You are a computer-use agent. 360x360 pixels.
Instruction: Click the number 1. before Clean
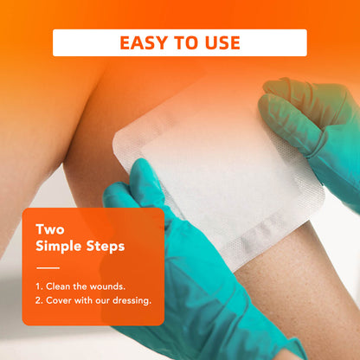click(x=39, y=285)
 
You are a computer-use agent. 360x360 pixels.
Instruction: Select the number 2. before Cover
click(x=40, y=300)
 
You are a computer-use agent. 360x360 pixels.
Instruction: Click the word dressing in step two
click(x=130, y=300)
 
